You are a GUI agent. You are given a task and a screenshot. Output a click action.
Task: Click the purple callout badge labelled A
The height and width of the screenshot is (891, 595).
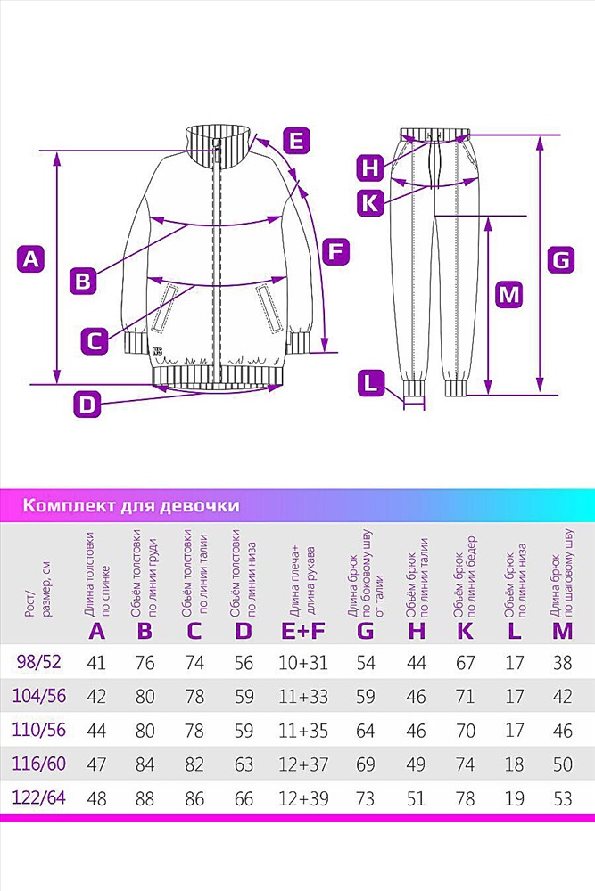(x=31, y=259)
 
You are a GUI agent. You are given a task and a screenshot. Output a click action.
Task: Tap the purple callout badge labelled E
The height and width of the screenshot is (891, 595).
(x=297, y=140)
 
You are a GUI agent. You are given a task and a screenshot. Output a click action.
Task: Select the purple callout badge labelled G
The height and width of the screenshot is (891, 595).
(x=561, y=259)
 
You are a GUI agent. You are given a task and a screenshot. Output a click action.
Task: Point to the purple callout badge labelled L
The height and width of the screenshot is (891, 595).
(x=371, y=382)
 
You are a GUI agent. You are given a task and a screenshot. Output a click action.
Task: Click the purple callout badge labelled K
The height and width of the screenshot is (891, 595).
(x=371, y=201)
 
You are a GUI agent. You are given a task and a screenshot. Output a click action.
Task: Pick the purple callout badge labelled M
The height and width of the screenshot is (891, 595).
(x=509, y=294)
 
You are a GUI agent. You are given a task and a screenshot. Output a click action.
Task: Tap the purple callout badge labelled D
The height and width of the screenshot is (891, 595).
(x=87, y=405)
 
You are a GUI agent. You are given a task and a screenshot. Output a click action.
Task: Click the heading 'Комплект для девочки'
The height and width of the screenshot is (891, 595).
(x=131, y=505)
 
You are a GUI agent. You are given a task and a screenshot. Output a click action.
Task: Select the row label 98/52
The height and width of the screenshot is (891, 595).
(x=38, y=662)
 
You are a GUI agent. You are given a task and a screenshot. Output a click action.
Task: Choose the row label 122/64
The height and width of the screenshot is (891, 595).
(x=38, y=797)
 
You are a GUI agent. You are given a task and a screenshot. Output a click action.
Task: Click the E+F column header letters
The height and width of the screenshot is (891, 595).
(x=303, y=630)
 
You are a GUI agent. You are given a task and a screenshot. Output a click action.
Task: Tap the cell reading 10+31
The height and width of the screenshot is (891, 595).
(x=303, y=663)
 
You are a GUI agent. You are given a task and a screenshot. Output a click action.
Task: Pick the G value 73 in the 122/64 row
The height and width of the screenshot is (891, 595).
(x=365, y=798)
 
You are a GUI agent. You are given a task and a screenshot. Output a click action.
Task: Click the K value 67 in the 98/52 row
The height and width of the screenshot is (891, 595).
(x=466, y=663)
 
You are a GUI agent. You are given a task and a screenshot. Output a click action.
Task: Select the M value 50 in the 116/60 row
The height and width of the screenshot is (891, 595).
(x=563, y=764)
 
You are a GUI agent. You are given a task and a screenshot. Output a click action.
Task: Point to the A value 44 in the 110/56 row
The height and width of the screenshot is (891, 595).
(x=96, y=731)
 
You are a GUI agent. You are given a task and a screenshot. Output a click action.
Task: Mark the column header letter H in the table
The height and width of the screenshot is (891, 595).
(x=417, y=630)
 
